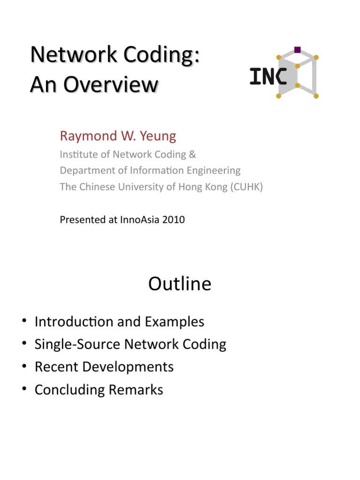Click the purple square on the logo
(297, 49)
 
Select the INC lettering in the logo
(268, 76)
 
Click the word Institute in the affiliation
(75, 154)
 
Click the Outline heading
(180, 284)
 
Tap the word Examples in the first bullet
(174, 322)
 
